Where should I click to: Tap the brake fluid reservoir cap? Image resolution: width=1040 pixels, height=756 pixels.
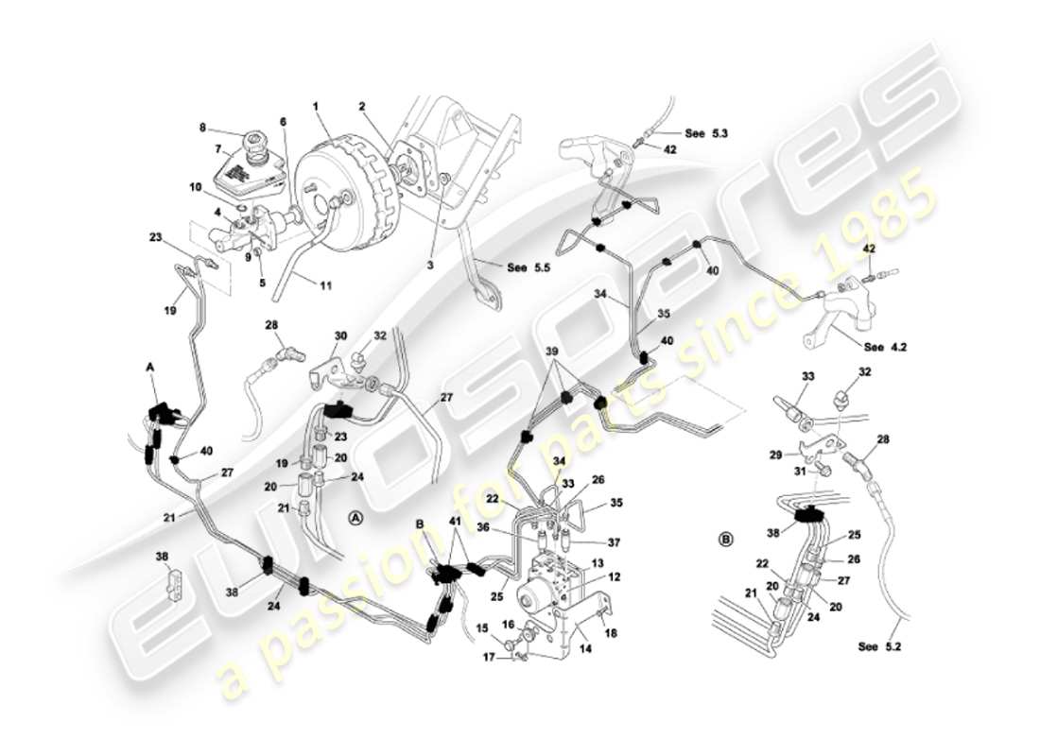pos(256,146)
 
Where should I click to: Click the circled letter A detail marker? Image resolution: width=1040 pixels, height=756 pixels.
pos(355,517)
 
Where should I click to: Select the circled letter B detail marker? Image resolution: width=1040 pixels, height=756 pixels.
pos(726,541)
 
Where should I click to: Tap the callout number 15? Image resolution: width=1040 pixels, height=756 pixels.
pos(480,627)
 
